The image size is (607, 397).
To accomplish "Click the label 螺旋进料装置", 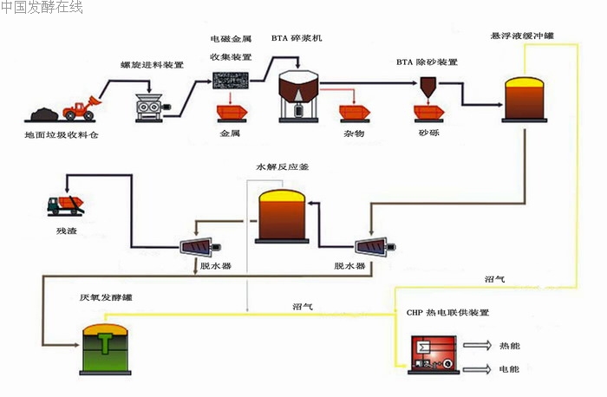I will click(x=152, y=65).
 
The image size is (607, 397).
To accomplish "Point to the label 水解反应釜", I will click(x=282, y=165).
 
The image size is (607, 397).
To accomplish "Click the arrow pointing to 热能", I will click(x=476, y=345).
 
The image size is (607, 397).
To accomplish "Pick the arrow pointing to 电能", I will click(x=476, y=368).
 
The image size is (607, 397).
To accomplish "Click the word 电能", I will click(x=509, y=369).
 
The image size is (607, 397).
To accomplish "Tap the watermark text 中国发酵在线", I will click(x=42, y=8).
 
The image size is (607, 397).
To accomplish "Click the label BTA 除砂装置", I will click(x=427, y=62).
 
